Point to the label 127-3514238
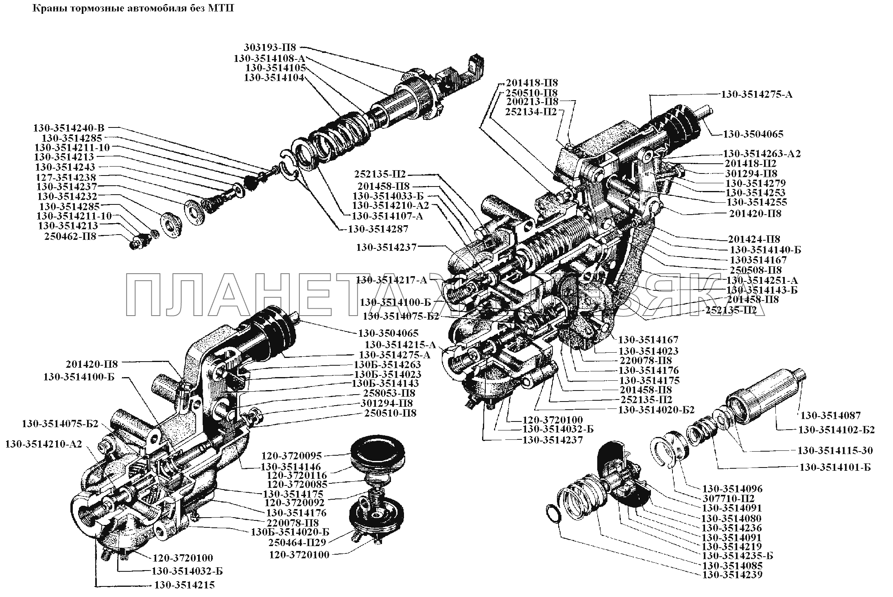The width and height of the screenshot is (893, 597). (x=66, y=177)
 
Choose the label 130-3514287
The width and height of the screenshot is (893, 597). (x=378, y=229)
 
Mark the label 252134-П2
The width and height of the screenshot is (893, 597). (x=531, y=112)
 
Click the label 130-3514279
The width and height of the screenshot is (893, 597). (x=755, y=183)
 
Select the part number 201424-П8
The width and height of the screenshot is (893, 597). (x=754, y=239)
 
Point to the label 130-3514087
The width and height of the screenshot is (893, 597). (x=831, y=415)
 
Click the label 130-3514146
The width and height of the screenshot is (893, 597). (x=291, y=467)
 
